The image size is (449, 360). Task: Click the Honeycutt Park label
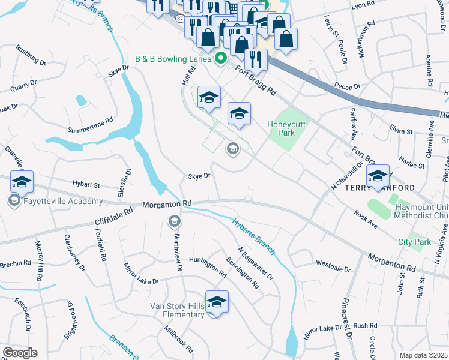(x=282, y=128)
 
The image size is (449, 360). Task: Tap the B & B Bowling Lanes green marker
(x=220, y=59)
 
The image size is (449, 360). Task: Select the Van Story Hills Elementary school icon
(x=217, y=302)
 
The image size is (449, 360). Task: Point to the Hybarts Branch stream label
(x=253, y=235)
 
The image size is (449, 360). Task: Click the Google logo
(x=19, y=353)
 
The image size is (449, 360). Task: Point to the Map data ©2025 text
(x=423, y=355)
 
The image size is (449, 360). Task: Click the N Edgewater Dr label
(x=255, y=265)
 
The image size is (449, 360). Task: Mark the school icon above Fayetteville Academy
(x=22, y=182)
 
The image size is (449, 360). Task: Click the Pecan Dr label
(x=348, y=86)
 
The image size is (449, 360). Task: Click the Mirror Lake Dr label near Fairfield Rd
(x=142, y=272)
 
